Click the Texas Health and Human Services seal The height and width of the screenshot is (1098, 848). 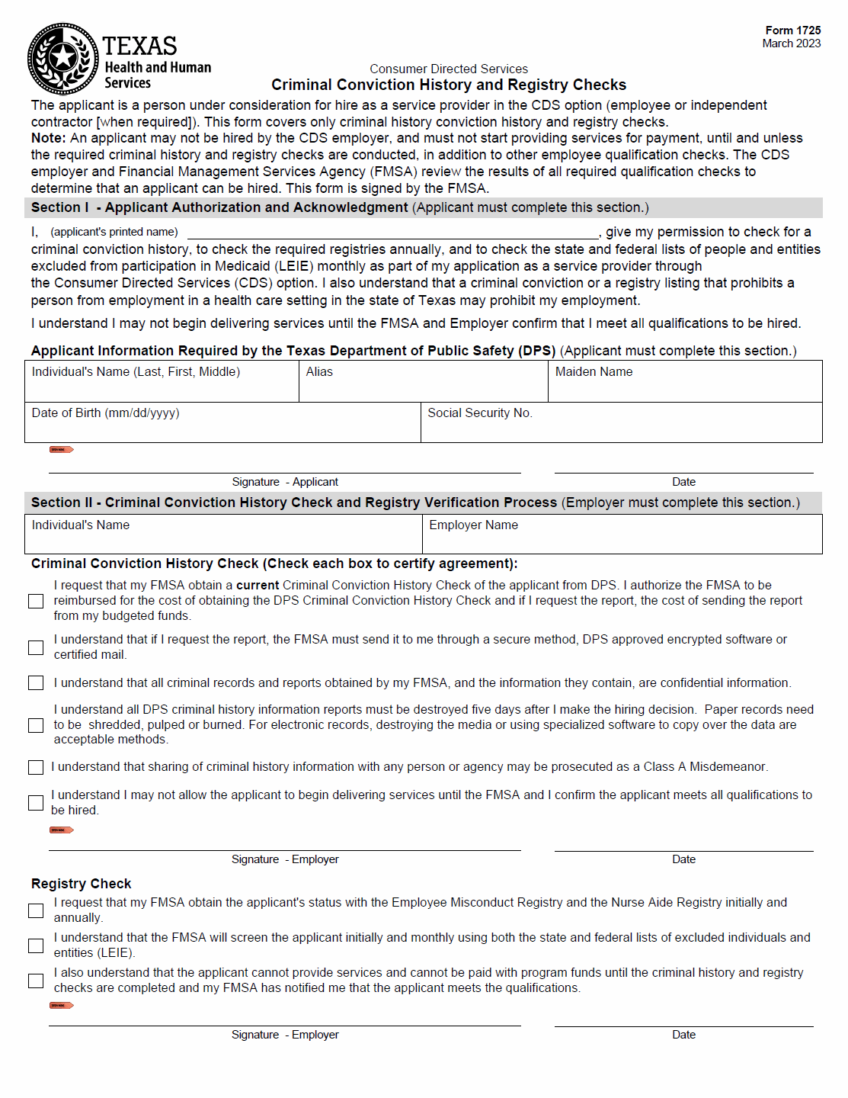point(63,59)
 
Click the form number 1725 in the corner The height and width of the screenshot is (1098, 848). point(793,30)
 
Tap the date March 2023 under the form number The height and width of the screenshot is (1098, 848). point(791,43)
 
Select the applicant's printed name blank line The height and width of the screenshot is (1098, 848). point(392,233)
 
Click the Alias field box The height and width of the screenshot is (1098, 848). point(423,381)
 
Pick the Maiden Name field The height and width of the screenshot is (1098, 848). point(684,381)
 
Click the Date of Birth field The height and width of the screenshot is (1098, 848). point(222,422)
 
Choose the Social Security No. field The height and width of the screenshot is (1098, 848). point(621,422)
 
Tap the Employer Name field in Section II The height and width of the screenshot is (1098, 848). point(622,534)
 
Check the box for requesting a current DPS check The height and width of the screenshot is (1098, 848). point(36,602)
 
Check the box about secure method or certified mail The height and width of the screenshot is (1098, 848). point(36,647)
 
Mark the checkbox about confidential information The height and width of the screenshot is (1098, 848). point(36,683)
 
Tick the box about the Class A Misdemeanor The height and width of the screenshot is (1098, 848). point(36,767)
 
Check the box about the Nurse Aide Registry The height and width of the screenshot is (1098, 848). point(36,910)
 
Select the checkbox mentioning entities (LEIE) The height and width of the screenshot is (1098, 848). point(36,945)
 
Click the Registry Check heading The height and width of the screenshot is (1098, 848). point(82,884)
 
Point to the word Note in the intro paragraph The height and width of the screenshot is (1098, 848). point(47,138)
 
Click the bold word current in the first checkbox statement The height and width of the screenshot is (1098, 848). point(258,586)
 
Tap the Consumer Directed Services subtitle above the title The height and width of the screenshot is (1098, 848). point(449,69)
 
